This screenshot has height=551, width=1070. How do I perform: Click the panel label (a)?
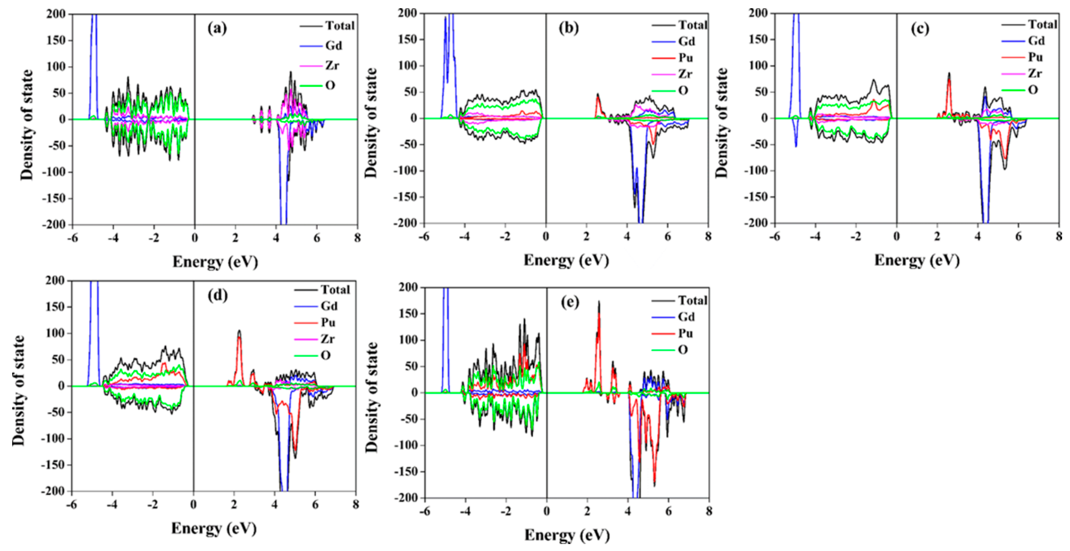(x=217, y=28)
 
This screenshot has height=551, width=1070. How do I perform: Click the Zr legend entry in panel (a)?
(x=331, y=65)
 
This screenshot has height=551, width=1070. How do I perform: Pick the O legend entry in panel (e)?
(x=682, y=350)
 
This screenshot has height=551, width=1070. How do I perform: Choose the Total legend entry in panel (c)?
(x=1042, y=25)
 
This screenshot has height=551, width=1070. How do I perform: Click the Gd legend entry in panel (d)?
(x=328, y=306)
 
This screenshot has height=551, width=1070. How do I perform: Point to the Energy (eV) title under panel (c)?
(x=917, y=260)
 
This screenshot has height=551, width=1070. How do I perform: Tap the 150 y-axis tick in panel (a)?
(x=56, y=40)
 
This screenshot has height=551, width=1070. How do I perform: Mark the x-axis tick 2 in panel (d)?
(x=234, y=505)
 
